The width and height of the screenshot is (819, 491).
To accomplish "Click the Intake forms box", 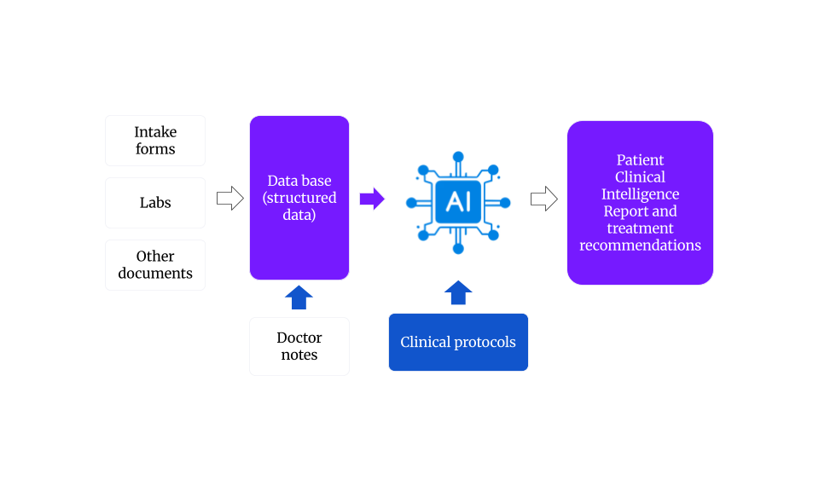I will pos(154,141).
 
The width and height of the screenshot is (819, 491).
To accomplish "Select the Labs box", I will pos(154,203).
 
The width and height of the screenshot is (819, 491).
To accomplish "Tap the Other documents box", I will pos(154,265).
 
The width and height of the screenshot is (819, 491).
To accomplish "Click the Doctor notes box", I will pos(299,346).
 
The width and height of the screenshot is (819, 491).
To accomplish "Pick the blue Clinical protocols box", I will pos(458,342).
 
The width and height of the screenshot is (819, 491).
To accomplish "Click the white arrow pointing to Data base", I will pos(229,199).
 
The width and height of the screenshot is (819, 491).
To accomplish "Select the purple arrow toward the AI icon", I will pos(372,199).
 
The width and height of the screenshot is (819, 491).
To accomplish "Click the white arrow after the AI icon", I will pos(543,199).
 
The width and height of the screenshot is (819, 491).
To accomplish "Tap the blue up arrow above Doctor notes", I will pos(299,297).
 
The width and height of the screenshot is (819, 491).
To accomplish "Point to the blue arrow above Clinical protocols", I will pos(458,292).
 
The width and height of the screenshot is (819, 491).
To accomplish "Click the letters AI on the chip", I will pos(458,202).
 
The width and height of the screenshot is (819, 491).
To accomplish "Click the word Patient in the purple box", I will pos(640,160).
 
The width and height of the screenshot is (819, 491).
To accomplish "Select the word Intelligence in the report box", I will pos(640,194).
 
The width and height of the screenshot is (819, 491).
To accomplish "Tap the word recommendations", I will pos(640,245).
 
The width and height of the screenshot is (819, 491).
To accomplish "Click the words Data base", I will pos(299,181).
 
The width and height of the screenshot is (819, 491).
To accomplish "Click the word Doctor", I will pos(299,338).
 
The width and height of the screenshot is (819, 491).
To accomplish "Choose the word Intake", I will pos(154,132).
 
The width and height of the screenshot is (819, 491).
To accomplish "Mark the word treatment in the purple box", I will pos(640,228).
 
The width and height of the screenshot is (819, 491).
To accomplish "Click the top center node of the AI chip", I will pos(458,156).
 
